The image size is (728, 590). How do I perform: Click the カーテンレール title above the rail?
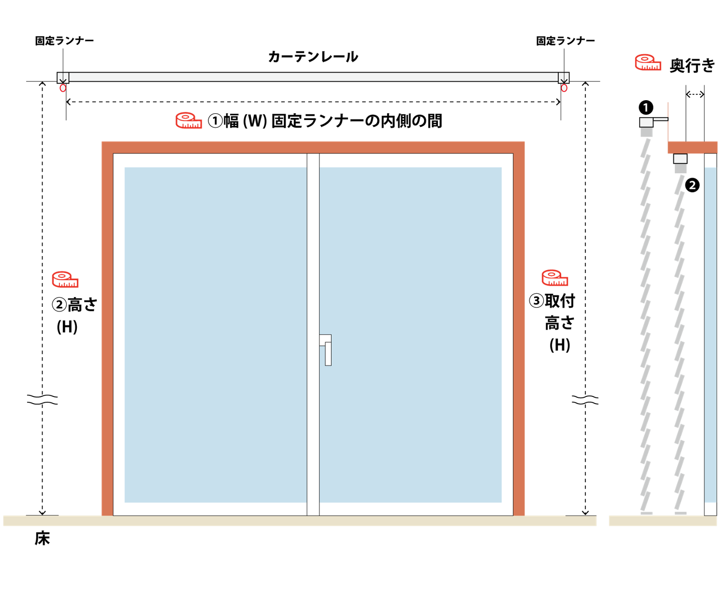click(313, 57)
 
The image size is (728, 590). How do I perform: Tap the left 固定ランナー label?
click(64, 41)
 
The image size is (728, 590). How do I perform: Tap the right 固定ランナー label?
click(565, 41)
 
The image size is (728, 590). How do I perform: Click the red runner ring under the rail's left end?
click(63, 88)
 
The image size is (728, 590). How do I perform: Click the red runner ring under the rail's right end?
click(564, 88)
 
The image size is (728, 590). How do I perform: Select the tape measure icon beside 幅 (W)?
click(189, 120)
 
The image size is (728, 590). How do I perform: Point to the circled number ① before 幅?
click(215, 121)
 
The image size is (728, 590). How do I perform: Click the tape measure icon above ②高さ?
click(65, 279)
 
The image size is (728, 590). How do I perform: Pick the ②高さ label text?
click(74, 304)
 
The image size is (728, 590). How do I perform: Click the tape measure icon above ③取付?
click(555, 277)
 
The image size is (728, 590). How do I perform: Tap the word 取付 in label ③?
click(560, 301)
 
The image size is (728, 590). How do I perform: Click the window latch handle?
click(326, 350)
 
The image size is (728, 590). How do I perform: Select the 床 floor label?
click(42, 538)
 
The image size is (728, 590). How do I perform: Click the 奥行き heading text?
click(692, 65)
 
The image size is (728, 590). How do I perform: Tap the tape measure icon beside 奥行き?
click(648, 62)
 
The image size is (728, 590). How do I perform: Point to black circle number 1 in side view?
click(646, 107)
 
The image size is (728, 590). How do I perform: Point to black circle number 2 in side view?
click(692, 185)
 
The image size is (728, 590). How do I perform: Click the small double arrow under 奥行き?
click(695, 94)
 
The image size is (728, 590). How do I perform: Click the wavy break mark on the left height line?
click(43, 399)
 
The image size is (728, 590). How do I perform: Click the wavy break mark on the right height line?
click(585, 399)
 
